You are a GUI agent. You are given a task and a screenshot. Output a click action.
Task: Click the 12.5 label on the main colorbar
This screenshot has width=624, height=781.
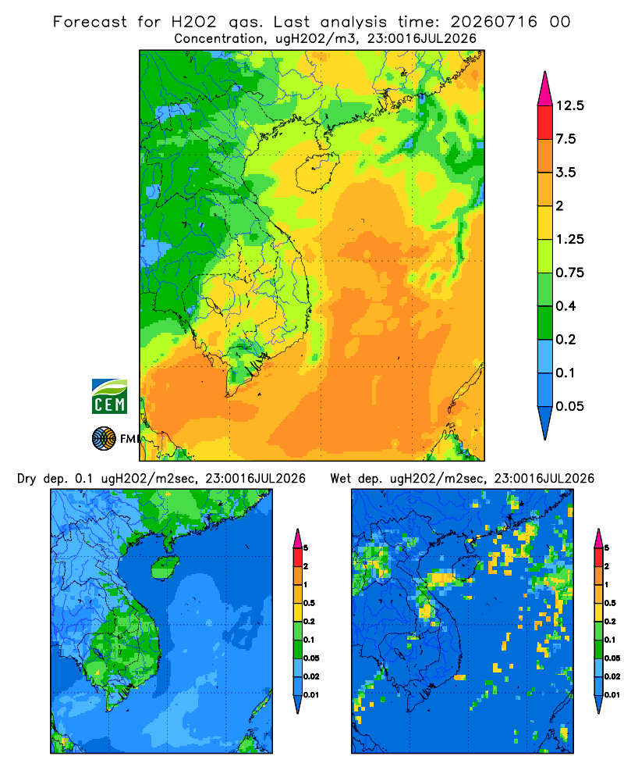coord(569,105)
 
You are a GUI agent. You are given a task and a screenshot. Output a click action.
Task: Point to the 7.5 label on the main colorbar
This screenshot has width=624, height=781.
coord(565,139)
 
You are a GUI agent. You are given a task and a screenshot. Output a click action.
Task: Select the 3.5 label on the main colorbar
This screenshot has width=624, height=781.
coord(565,173)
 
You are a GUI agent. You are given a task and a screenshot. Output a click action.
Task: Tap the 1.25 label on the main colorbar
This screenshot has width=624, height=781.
coord(569,239)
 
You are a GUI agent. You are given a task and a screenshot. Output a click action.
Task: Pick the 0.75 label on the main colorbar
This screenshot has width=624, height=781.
coord(569,273)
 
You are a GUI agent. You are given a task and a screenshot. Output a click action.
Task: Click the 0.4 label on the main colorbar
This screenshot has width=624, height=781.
coord(565,306)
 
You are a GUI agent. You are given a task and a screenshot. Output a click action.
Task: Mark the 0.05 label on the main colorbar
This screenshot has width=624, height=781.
coord(569,406)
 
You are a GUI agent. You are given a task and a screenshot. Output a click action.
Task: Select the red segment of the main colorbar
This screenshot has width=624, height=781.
coord(545,123)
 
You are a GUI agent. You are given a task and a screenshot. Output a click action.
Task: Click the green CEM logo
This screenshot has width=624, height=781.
coord(109,397)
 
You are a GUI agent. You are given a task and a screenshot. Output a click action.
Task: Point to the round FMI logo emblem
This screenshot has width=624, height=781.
coord(104,439)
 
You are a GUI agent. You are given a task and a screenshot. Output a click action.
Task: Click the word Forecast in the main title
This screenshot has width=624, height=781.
coord(90,22)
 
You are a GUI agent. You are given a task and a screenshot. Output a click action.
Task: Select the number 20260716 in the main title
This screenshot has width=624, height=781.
coord(494,22)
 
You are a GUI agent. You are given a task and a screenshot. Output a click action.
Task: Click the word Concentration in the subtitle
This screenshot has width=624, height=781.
coord(219,39)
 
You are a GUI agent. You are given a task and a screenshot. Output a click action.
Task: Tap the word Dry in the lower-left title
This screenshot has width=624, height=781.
coord(27,479)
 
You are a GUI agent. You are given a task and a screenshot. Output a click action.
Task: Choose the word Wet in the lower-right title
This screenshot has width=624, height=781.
coord(341,479)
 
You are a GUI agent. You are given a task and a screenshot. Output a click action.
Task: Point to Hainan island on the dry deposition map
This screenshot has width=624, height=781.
coord(165,567)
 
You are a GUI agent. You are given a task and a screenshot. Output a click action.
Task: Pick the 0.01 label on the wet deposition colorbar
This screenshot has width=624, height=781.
coord(612,695)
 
